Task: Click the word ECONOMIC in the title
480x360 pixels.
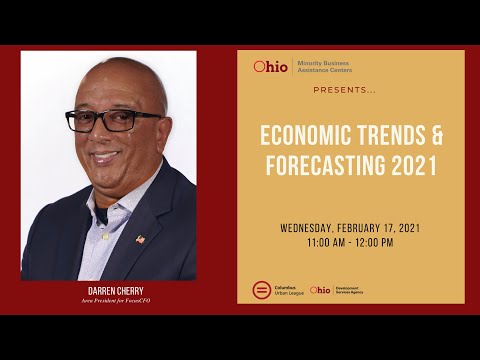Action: [299, 136]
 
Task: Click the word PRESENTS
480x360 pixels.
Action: [342, 89]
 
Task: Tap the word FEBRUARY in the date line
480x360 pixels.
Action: [365, 228]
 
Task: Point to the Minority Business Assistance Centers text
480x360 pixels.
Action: [325, 67]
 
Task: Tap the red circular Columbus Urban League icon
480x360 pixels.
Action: [261, 289]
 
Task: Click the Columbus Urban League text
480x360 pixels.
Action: [287, 290]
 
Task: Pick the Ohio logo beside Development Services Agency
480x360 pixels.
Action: [320, 290]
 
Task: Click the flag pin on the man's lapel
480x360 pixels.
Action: [140, 239]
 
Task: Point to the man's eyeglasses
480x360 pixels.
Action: [113, 122]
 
